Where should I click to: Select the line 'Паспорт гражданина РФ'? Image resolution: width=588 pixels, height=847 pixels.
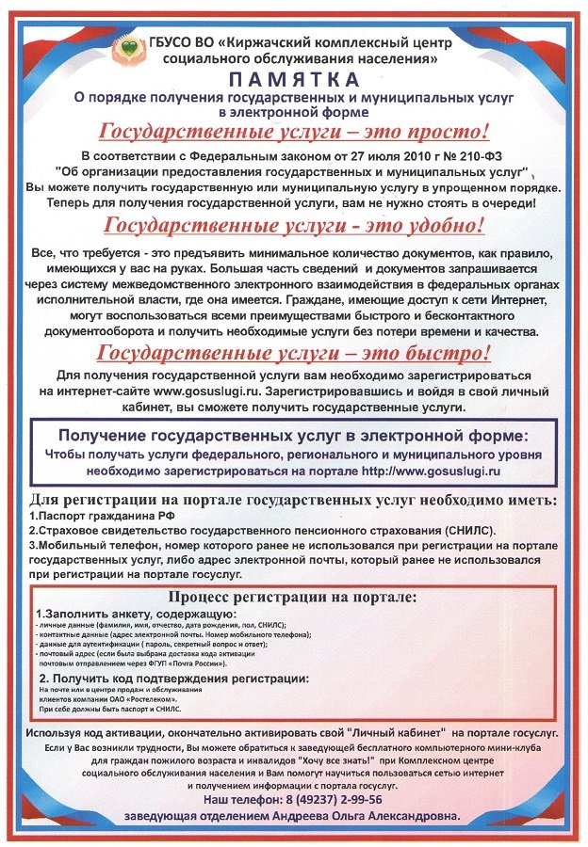click(100, 516)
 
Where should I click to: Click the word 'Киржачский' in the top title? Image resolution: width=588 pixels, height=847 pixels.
click(267, 42)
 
